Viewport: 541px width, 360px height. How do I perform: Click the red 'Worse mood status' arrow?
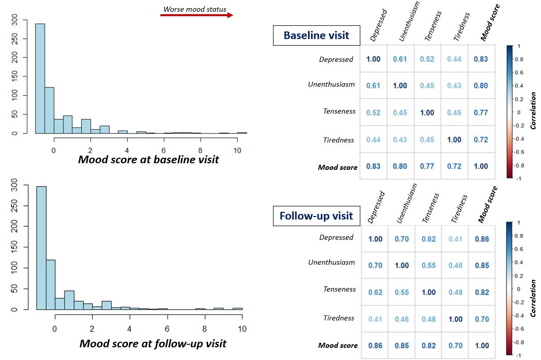tap(197, 15)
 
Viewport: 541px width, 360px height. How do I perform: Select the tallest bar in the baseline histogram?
tap(40, 79)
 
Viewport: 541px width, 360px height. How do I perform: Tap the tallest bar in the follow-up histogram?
tap(42, 248)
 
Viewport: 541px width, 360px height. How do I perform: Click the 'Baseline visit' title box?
tap(316, 35)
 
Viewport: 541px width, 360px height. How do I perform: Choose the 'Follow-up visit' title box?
tap(316, 216)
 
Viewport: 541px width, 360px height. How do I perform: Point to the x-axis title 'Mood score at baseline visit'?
tap(148, 159)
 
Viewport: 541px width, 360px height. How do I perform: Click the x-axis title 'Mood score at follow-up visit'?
tap(153, 343)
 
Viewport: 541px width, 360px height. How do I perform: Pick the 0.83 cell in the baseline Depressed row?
tap(481, 59)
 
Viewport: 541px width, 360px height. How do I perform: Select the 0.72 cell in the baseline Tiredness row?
tap(481, 139)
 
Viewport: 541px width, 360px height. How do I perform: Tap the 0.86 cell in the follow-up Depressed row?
tap(482, 239)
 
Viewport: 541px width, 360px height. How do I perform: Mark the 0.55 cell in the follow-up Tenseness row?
tap(401, 293)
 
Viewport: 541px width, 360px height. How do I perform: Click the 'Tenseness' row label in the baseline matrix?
tap(339, 111)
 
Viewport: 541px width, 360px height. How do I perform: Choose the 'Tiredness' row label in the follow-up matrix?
tap(339, 318)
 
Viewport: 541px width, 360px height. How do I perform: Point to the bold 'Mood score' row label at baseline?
tap(337, 167)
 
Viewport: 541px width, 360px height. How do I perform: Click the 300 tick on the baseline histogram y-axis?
tap(15, 20)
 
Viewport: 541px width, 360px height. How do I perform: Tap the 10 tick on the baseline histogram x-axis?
tap(237, 151)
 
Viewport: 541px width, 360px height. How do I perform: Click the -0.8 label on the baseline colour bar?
tap(519, 165)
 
